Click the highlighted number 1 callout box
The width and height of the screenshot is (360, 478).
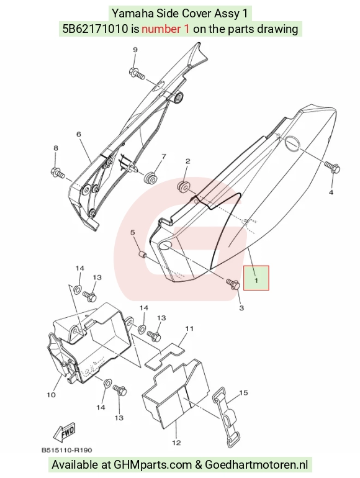coord(256,277)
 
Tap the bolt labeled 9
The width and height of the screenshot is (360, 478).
coord(137,73)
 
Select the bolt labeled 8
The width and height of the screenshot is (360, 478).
coord(58,173)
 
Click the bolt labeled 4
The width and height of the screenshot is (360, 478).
coord(332,167)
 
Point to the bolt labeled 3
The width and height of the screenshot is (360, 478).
coord(233,284)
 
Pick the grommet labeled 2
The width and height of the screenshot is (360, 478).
coord(183,187)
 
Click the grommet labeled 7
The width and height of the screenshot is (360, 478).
coord(150,177)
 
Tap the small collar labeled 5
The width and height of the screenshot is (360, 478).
coord(142,254)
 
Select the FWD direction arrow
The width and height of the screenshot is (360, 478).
coord(64,433)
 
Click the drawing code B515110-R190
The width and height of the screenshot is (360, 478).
coord(67,450)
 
